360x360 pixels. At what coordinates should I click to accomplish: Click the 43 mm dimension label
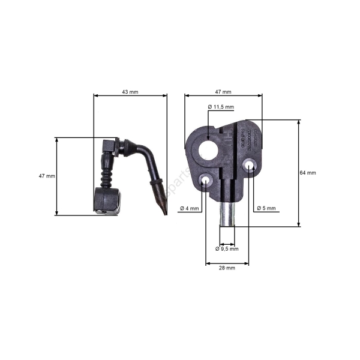[130, 92]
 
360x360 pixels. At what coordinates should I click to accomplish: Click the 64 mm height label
[307, 173]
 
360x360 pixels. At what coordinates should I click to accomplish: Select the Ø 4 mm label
[188, 208]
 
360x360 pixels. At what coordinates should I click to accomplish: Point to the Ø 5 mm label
[266, 208]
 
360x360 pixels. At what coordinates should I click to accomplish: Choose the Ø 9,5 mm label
[227, 248]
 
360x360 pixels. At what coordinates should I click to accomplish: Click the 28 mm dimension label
[227, 268]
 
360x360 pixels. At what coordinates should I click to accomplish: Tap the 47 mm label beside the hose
[46, 176]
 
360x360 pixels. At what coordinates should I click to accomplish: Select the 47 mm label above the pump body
[223, 92]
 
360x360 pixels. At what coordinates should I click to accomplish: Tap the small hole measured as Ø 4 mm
[206, 179]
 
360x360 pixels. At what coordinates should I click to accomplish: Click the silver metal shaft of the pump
[227, 213]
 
